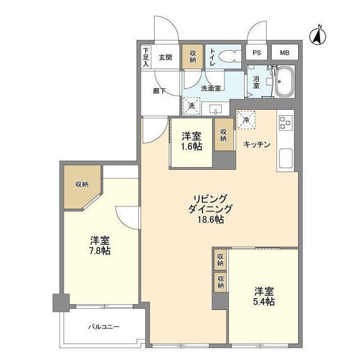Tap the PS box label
tap(256, 53)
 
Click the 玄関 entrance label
tap(165, 57)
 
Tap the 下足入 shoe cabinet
tap(145, 57)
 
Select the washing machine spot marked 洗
tap(191, 105)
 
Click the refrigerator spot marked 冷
tap(246, 119)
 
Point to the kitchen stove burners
tap(285, 123)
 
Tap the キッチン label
tap(256, 145)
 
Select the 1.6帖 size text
tap(192, 147)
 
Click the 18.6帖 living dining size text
tap(210, 220)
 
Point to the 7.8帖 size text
tap(100, 250)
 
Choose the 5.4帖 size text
tap(263, 302)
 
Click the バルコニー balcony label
tap(103, 327)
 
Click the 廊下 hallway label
tap(159, 91)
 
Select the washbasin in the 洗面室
tap(215, 108)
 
